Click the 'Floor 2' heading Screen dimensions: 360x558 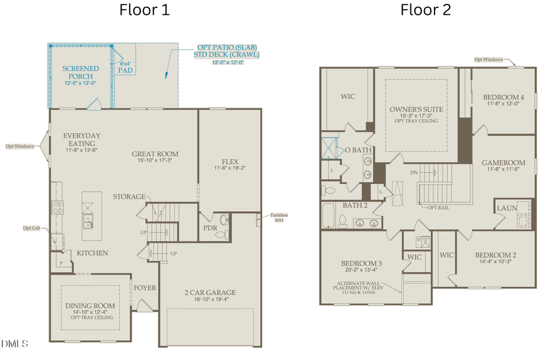pyautogui.click(x=425, y=10)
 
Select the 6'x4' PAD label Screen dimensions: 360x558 pyautogui.click(x=125, y=67)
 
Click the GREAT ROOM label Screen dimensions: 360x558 pyautogui.click(x=155, y=154)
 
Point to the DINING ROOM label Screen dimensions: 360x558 pyautogui.click(x=91, y=305)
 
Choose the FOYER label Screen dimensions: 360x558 pyautogui.click(x=145, y=288)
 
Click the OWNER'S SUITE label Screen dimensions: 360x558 pyautogui.click(x=416, y=110)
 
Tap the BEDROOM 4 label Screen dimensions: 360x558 pyautogui.click(x=503, y=97)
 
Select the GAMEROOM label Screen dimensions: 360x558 pyautogui.click(x=503, y=163)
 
